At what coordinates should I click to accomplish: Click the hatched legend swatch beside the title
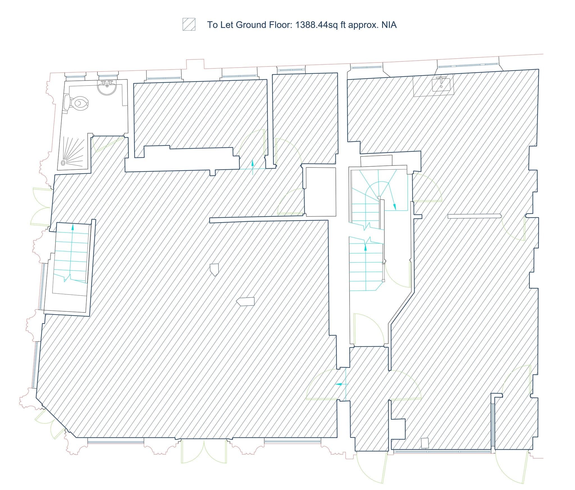point(189,24)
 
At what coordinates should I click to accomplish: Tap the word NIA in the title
point(389,25)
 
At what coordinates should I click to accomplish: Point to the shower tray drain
point(63,162)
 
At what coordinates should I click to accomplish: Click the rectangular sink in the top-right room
point(441,84)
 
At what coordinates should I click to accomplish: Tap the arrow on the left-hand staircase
point(73,227)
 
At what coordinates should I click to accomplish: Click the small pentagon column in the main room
point(214,269)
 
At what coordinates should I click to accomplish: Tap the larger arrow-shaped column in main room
point(246,302)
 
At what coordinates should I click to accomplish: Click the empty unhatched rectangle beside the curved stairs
point(321,192)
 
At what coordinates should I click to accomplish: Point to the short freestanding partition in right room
point(474,216)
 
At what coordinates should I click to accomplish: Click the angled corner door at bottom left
point(52,425)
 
